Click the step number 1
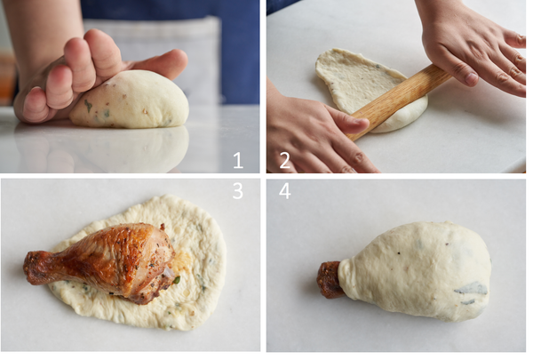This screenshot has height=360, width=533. tap(238, 160)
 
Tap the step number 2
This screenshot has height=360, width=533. tap(284, 160)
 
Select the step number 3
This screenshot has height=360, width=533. tap(237, 191)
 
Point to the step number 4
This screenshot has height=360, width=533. tap(285, 191)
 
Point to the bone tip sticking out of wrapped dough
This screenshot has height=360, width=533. tap(328, 280)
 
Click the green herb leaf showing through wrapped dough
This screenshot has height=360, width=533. tap(472, 289)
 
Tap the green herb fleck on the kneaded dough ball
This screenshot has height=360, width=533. tap(88, 106)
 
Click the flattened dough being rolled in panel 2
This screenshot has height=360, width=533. tap(367, 89)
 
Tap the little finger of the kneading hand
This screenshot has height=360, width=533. tap(34, 106)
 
